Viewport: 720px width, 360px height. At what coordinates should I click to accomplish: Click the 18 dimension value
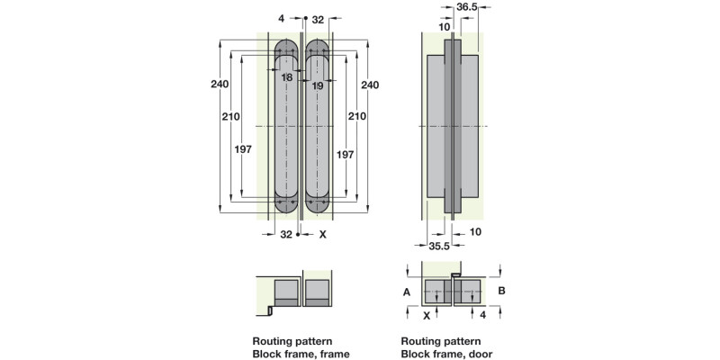point(286,78)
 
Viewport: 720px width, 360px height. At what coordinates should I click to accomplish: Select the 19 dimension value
point(318,85)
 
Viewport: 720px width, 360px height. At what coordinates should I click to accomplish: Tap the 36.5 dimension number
point(467,5)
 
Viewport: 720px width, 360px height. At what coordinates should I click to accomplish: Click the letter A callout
point(407,292)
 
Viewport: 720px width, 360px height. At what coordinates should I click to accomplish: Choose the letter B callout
point(502,291)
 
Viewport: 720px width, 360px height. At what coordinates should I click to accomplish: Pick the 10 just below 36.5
point(444,26)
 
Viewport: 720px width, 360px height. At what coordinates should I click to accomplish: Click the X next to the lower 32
point(323,234)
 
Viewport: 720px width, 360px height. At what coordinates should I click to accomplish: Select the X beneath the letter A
point(426,316)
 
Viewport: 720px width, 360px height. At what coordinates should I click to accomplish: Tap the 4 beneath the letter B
point(483,316)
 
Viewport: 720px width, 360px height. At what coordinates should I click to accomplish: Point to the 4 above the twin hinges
point(282,18)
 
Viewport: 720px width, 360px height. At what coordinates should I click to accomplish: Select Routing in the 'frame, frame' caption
point(272,342)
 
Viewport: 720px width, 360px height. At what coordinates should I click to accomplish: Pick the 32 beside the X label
point(286,234)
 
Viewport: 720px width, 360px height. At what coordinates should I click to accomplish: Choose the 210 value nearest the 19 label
point(357,116)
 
